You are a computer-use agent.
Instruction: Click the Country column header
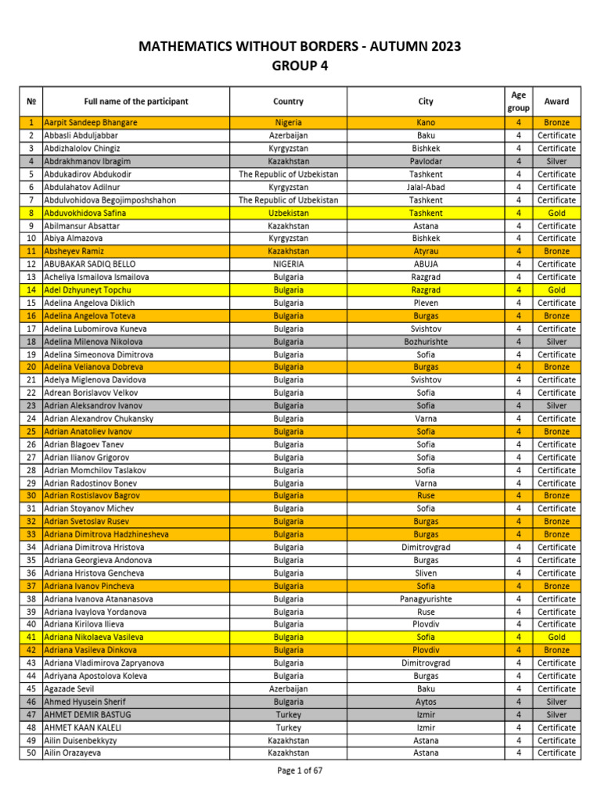289,102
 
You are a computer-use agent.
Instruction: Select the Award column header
556,102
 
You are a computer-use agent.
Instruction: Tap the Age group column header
518,102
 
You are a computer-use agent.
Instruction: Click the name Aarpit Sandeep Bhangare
91,123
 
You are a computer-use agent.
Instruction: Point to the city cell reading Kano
426,123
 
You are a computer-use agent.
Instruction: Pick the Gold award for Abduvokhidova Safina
556,213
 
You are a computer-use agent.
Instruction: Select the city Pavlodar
426,161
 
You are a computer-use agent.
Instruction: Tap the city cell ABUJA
426,264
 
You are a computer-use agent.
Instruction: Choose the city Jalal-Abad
426,187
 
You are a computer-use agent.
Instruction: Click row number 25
31,432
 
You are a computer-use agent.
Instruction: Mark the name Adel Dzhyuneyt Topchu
92,290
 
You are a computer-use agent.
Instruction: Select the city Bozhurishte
426,342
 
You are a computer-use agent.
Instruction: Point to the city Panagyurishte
426,599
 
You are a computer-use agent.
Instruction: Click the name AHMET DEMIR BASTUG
88,715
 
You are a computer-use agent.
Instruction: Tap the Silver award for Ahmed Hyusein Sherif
556,702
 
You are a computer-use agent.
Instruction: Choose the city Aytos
426,702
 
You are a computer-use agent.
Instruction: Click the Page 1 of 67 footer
300,770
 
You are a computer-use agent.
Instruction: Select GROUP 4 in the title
300,66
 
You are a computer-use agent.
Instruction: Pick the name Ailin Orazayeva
73,753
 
